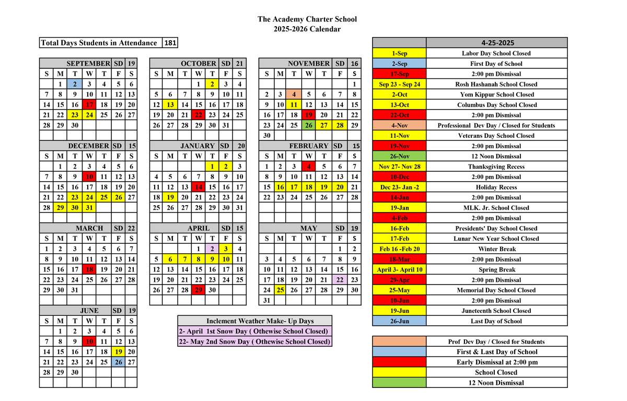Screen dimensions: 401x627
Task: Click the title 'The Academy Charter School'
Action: [307, 19]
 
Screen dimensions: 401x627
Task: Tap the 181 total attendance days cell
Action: [170, 43]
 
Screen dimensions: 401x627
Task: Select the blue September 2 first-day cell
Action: [75, 84]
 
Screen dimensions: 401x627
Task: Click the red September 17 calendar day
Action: [89, 104]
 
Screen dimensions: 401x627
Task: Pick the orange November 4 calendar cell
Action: [294, 95]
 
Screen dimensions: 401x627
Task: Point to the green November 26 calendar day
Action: [309, 125]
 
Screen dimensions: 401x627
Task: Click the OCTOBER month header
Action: [198, 64]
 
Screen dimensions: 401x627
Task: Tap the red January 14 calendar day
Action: [198, 187]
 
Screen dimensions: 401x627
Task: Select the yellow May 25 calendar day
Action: [280, 290]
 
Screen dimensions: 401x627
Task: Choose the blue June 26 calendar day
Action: [119, 362]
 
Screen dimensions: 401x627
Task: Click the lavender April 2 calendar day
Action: [212, 249]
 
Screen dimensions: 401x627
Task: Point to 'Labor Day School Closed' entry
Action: [496, 53]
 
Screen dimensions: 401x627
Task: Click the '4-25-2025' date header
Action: [496, 43]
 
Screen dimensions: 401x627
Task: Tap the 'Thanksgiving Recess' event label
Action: [496, 167]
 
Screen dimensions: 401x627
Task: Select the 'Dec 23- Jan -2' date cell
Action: [399, 187]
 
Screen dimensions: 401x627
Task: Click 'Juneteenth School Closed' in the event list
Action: [496, 311]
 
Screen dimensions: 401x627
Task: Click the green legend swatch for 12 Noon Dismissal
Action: [399, 383]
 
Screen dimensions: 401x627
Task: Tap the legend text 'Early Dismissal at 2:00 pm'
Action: [496, 362]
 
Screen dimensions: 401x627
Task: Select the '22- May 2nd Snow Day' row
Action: [254, 341]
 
